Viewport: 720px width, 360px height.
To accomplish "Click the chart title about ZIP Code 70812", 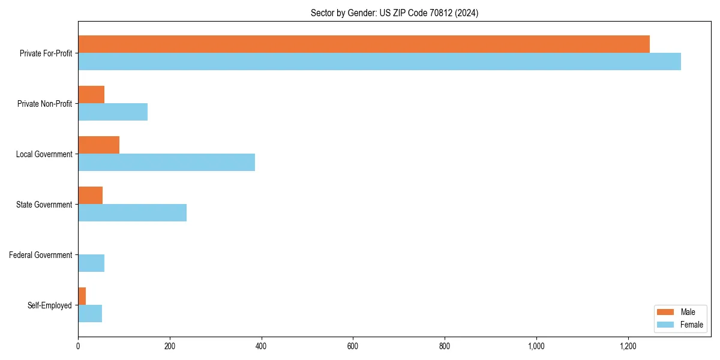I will point(394,13).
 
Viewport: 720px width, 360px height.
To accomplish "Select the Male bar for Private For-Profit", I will point(364,44).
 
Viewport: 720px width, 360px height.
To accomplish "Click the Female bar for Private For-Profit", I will point(379,62).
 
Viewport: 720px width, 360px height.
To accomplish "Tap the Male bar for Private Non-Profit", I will point(91,95).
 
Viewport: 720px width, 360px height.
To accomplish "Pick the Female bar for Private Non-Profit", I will point(113,112).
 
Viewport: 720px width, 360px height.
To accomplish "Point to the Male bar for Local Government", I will point(98,145).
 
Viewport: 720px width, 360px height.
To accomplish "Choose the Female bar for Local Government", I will point(166,163).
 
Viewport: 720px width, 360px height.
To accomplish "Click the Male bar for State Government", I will point(90,196).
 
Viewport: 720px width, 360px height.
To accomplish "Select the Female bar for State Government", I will point(132,213).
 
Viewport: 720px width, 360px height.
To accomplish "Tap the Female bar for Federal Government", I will point(91,263).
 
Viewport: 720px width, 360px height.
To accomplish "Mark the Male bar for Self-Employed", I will point(82,296).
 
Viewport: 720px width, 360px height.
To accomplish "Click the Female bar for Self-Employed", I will point(90,314).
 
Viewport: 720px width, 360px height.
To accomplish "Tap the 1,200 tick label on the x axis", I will point(628,346).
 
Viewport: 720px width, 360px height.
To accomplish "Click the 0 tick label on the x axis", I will point(78,346).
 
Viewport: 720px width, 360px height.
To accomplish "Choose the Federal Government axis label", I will point(41,255).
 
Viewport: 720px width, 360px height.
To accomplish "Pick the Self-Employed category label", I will point(50,305).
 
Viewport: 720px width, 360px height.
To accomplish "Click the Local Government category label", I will point(44,154).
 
